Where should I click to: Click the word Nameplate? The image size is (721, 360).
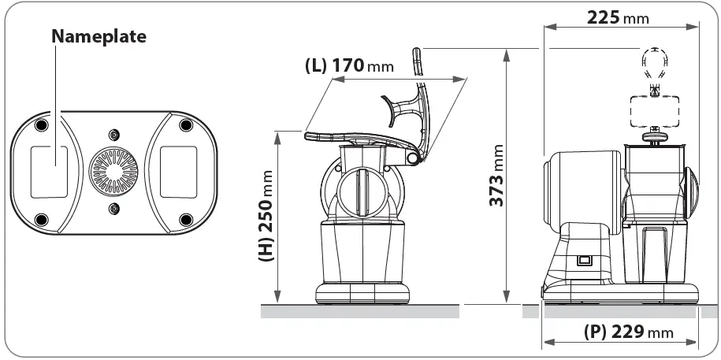[x=98, y=36]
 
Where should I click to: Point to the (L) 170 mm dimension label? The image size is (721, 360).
[x=348, y=65]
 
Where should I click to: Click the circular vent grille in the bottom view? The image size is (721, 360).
[x=114, y=171]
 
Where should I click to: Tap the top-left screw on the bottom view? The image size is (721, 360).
[x=43, y=125]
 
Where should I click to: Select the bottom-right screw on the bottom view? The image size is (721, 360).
[x=186, y=219]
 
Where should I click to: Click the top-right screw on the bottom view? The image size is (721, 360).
[x=186, y=125]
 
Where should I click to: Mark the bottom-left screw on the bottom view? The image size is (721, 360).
[x=43, y=219]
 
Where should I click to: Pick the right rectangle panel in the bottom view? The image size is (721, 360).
[x=178, y=171]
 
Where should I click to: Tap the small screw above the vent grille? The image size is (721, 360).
[x=114, y=135]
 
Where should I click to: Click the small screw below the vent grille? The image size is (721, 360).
[x=114, y=208]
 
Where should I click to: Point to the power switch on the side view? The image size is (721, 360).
[x=584, y=260]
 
